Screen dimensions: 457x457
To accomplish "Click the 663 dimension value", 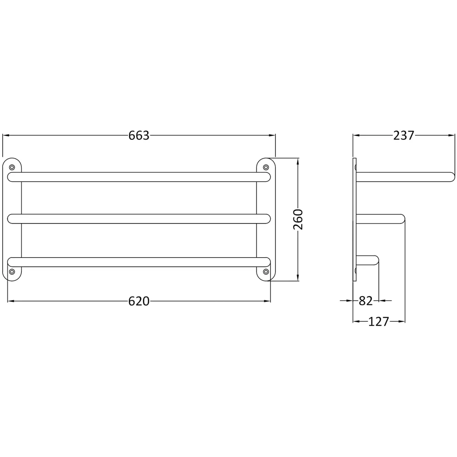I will (139, 136).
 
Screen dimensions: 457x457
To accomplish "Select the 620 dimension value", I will (139, 301).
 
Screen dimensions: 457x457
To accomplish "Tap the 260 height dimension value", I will (298, 219).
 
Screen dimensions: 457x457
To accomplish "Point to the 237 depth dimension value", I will (403, 136).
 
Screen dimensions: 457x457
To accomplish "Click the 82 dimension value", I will (366, 301).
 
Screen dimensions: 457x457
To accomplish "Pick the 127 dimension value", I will (378, 322).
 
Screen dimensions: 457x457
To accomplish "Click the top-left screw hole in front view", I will (12, 167).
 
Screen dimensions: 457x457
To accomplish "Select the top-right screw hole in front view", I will (266, 167).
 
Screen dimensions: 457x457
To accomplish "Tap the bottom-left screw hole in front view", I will (12, 272).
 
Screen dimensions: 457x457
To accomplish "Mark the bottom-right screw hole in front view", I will (266, 272).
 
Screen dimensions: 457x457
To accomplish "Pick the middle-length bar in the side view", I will (379, 219).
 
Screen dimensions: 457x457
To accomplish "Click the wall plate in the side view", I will (355, 219).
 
